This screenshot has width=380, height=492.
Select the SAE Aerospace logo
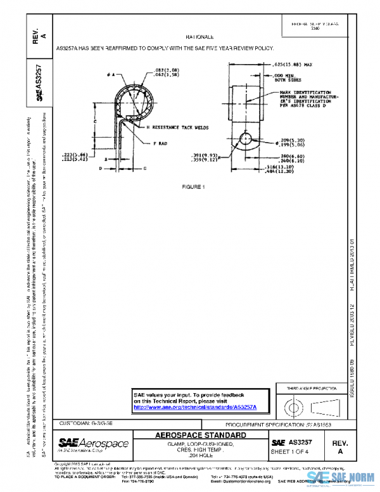click(x=93, y=443)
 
